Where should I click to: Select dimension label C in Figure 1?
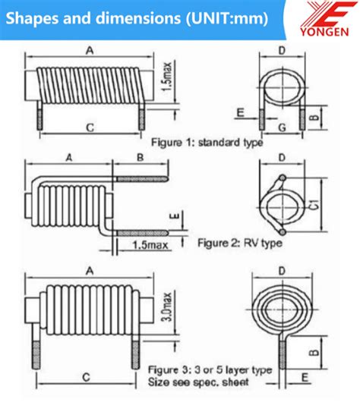(x=90, y=128)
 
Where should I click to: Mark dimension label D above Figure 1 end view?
(x=282, y=51)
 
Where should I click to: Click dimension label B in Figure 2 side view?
(x=140, y=158)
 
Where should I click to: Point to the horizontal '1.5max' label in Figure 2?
(x=150, y=244)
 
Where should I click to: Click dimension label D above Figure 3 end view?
(x=282, y=271)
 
